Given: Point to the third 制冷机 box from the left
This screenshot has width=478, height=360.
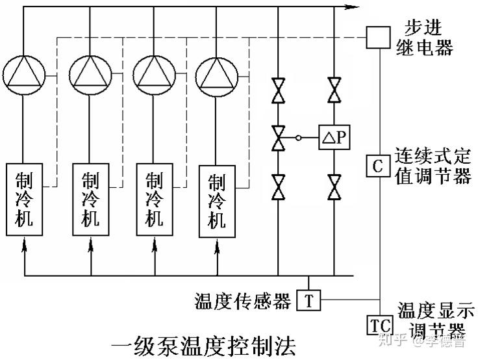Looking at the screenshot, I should coord(153,199).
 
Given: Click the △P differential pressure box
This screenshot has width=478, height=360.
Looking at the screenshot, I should coord(334,138).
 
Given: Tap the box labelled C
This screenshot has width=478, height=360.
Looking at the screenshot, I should coord(377,164).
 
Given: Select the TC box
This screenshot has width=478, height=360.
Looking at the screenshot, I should coord(378,324).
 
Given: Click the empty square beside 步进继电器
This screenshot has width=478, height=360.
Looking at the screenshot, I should coord(377,37).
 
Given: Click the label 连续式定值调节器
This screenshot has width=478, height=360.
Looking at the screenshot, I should coord(433,166).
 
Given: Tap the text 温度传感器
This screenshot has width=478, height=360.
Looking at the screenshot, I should coord(244,301).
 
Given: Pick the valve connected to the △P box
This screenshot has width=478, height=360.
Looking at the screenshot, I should coord(278,138).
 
